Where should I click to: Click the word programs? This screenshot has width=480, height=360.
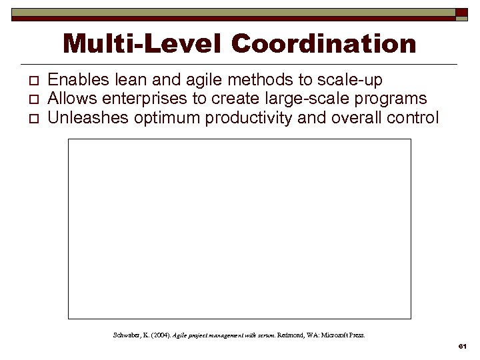[393, 99]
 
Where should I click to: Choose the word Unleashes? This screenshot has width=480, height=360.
[84, 119]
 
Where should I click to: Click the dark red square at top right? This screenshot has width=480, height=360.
[461, 12]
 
